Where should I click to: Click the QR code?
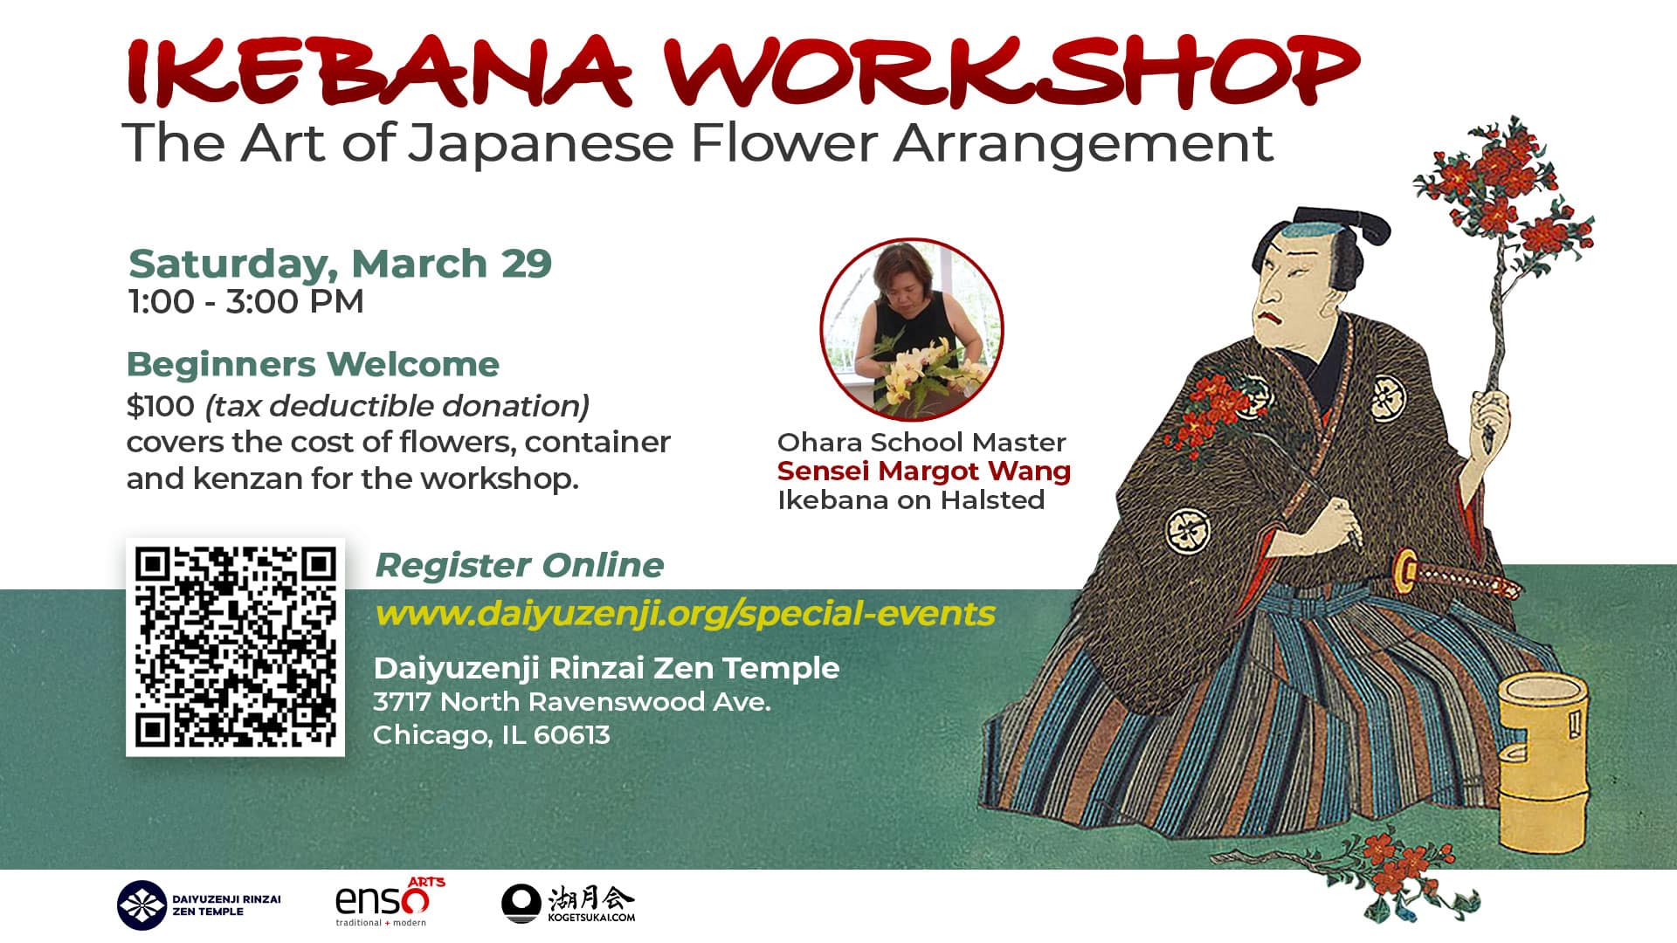[x=235, y=647]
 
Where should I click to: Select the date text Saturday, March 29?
[x=340, y=263]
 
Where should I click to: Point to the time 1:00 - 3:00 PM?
[x=245, y=302]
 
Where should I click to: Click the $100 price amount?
[x=160, y=406]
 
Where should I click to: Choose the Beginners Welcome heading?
[x=313, y=364]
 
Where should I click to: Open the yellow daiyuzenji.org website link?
[x=685, y=613]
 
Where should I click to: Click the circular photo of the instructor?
[x=911, y=330]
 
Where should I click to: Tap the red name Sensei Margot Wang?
[x=923, y=471]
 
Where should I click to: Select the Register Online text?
[x=519, y=565]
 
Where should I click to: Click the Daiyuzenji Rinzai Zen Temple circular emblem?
[x=141, y=905]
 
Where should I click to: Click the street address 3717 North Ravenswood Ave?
[x=571, y=702]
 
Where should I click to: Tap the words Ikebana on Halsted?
[x=911, y=500]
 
